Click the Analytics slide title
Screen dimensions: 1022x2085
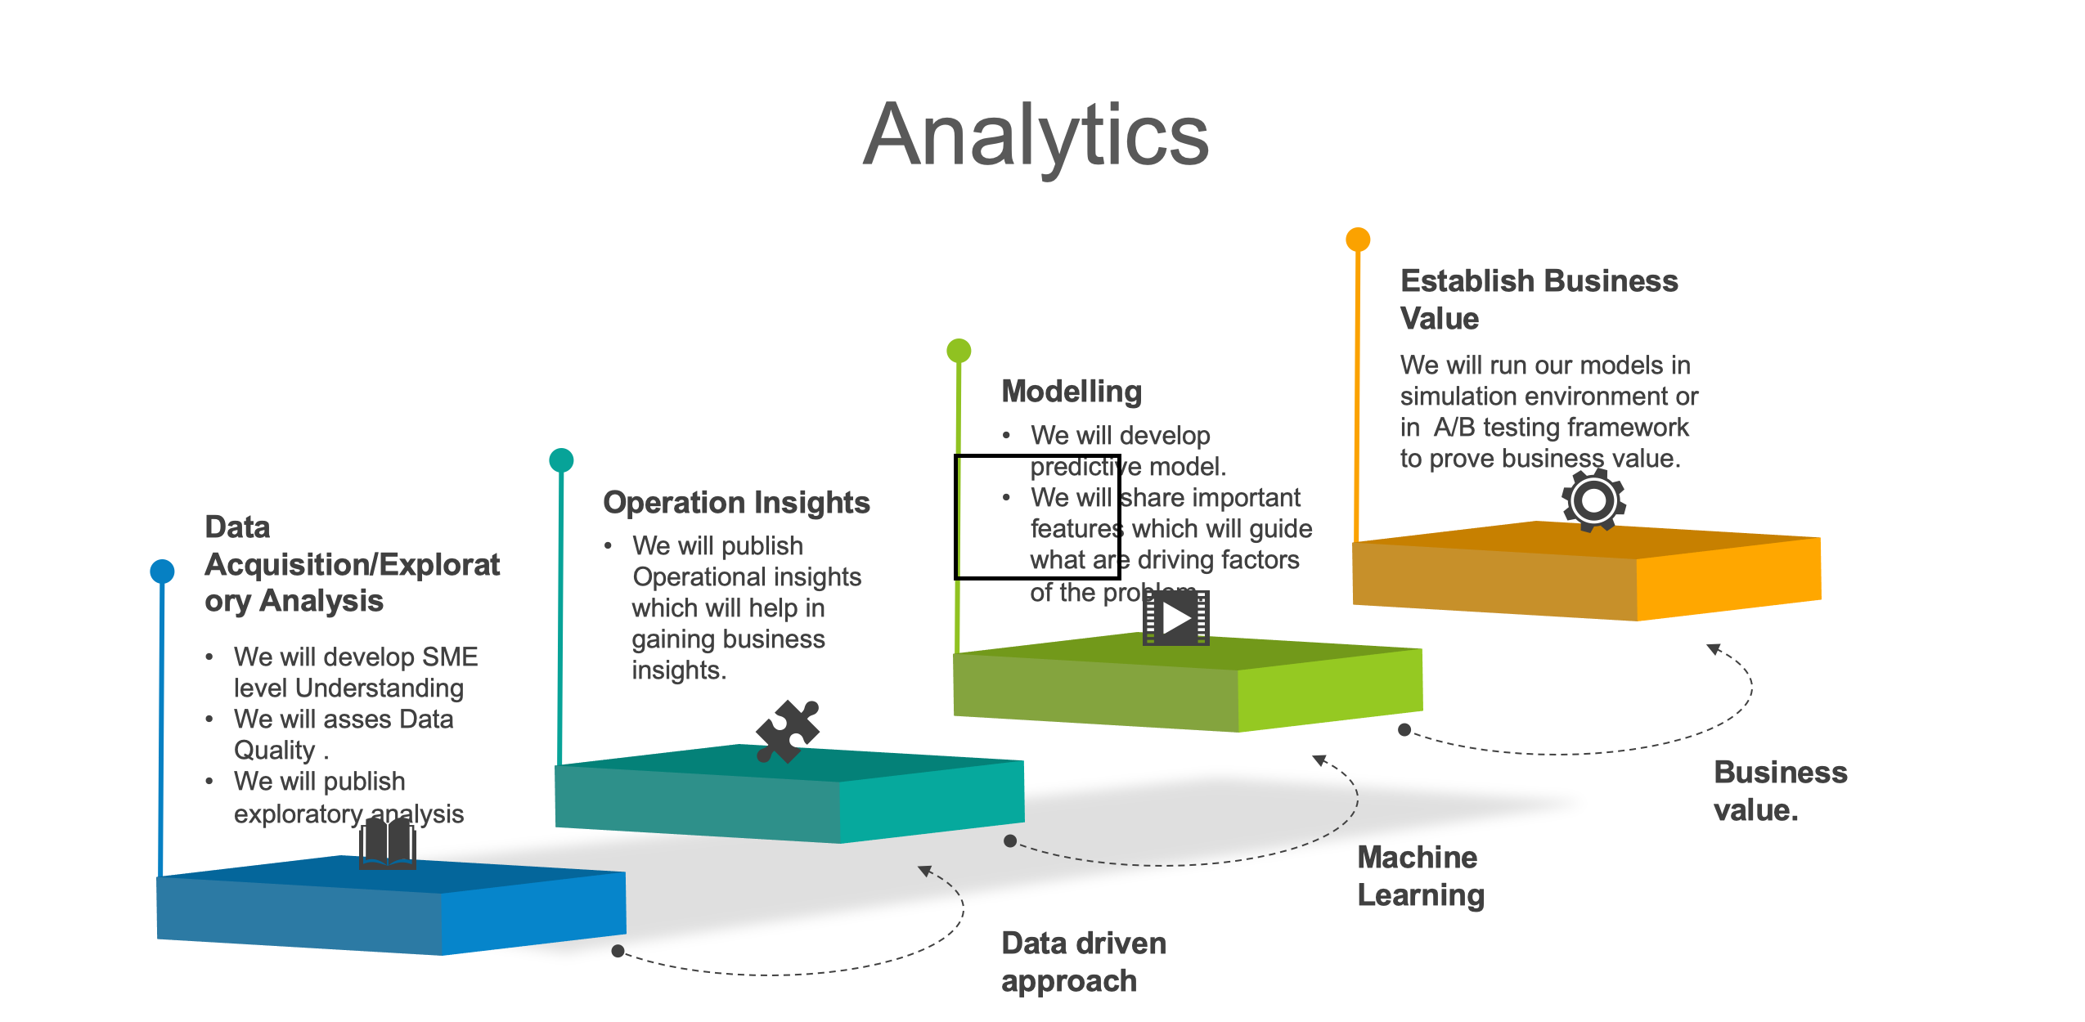[x=1036, y=135]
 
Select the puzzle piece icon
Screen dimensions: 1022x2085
[x=787, y=731]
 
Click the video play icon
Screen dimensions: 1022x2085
[x=1175, y=618]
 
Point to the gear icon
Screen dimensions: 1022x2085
[x=1593, y=500]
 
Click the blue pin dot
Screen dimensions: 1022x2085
[x=163, y=571]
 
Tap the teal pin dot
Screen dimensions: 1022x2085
[x=561, y=460]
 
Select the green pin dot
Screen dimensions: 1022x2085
[x=959, y=351]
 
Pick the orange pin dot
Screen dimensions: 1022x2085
[x=1358, y=240]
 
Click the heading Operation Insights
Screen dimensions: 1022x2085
[x=736, y=502]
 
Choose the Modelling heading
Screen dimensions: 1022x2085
[x=1072, y=392]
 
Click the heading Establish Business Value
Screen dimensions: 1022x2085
[x=1538, y=299]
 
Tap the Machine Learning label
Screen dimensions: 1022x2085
[x=1420, y=876]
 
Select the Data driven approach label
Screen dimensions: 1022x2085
[x=1083, y=961]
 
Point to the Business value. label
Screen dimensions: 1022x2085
[x=1780, y=791]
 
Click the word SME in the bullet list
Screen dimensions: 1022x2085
[x=449, y=657]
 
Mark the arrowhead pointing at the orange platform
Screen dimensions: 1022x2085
[x=1714, y=649]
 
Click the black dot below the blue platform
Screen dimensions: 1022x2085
[x=618, y=951]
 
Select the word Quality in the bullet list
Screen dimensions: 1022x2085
[x=274, y=750]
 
